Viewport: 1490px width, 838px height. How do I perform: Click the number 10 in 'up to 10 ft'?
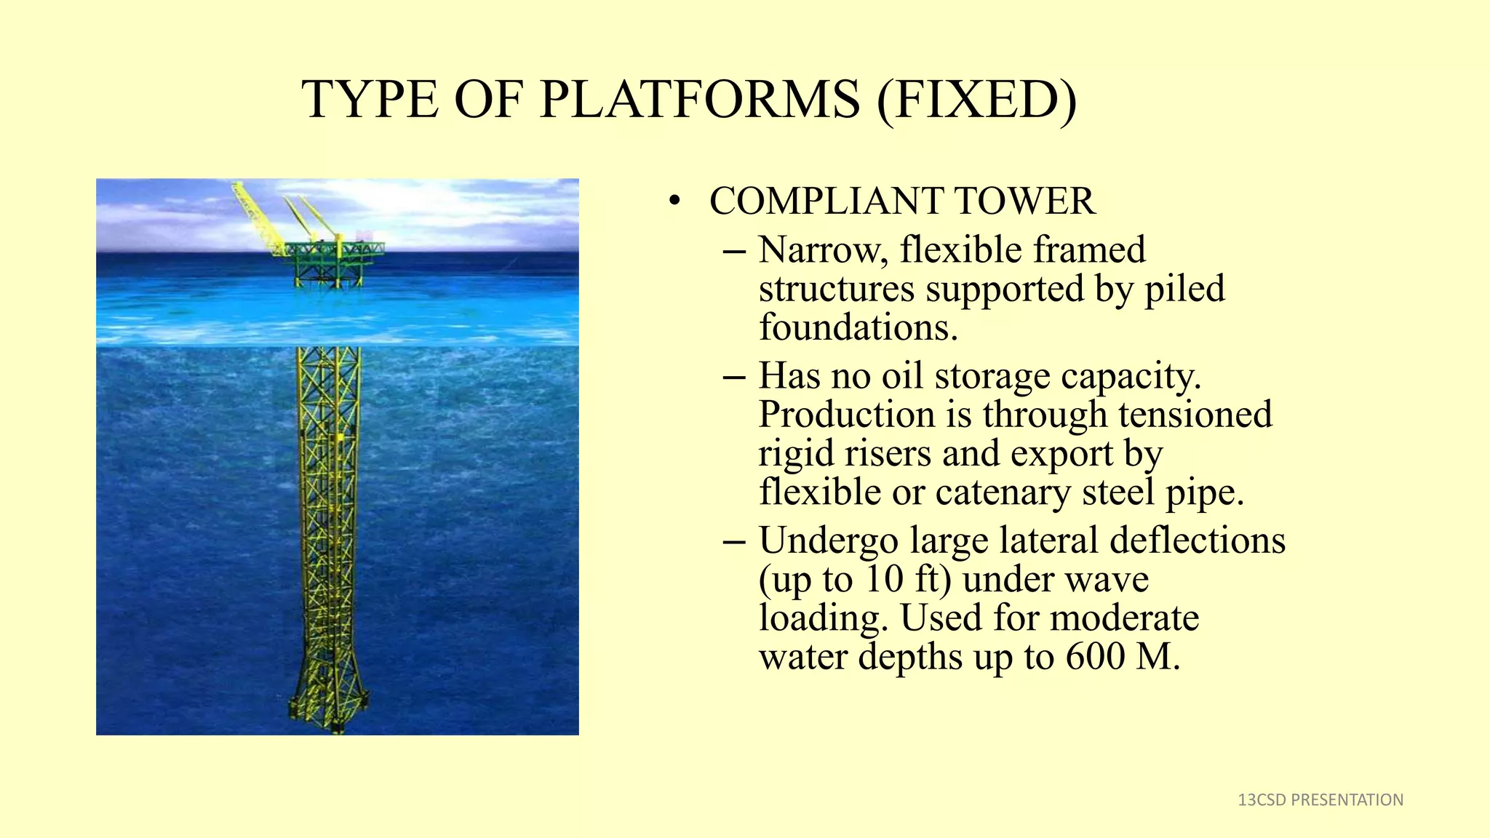pyautogui.click(x=885, y=580)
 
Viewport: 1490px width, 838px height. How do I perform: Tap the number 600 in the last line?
pyautogui.click(x=1095, y=657)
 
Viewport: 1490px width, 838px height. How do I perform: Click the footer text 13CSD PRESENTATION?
pyautogui.click(x=1320, y=800)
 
